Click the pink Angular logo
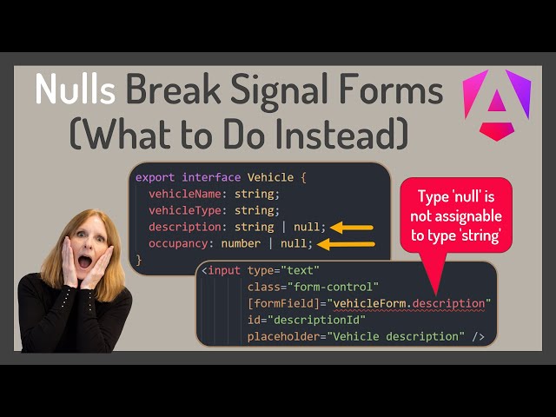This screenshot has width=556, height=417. (497, 104)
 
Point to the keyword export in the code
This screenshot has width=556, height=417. (155, 176)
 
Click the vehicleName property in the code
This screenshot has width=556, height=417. (182, 193)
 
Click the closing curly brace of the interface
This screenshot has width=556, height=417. (139, 260)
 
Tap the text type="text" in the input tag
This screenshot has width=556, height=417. (284, 270)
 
